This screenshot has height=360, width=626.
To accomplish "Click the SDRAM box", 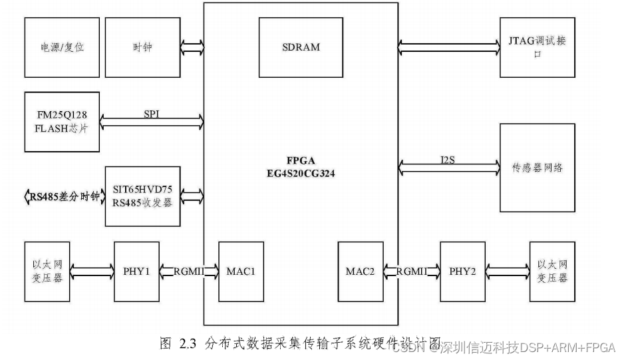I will pyautogui.click(x=301, y=47).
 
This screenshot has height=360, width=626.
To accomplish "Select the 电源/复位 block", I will pyautogui.click(x=62, y=48).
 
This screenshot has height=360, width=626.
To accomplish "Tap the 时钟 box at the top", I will pyautogui.click(x=142, y=48).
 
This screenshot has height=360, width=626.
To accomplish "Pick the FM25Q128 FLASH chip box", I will pyautogui.click(x=61, y=122).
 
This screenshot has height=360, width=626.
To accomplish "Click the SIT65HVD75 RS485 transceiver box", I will pyautogui.click(x=142, y=196).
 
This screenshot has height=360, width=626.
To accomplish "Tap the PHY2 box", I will pyautogui.click(x=463, y=271).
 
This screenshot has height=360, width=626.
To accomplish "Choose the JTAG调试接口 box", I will pyautogui.click(x=537, y=48).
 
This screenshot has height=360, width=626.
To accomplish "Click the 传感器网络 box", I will pyautogui.click(x=537, y=168).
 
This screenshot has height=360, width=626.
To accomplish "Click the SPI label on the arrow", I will pyautogui.click(x=152, y=115).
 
